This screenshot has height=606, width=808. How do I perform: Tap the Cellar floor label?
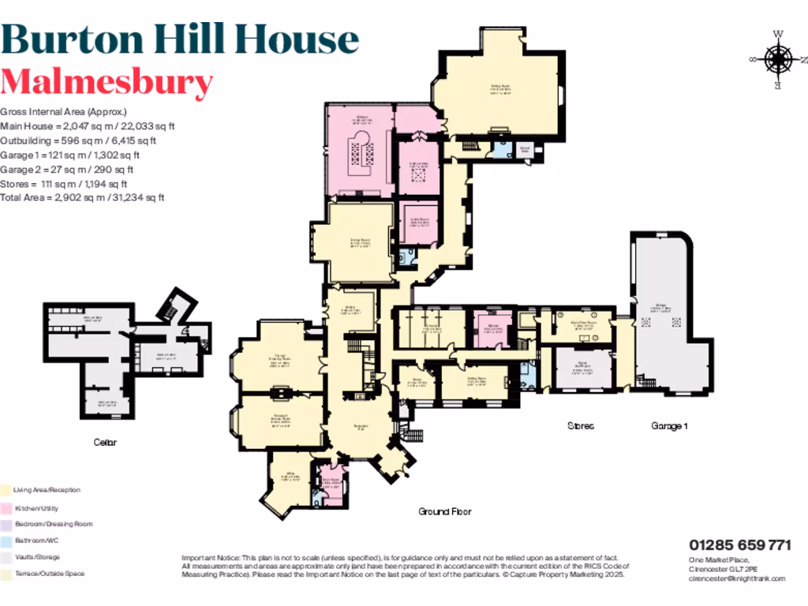point(105,442)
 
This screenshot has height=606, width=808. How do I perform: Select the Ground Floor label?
point(445,511)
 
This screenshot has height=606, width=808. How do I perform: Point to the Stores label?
point(580,426)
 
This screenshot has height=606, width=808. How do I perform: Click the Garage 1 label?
point(669,426)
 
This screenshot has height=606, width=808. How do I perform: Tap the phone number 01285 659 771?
point(739,545)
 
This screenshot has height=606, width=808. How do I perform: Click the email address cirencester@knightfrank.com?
point(737,578)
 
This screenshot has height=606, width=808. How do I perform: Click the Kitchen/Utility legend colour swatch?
point(6,508)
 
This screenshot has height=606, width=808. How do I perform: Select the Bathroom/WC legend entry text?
point(36,541)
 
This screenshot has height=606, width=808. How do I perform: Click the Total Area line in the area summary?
point(82,197)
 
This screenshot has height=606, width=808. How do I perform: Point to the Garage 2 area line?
point(67,169)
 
